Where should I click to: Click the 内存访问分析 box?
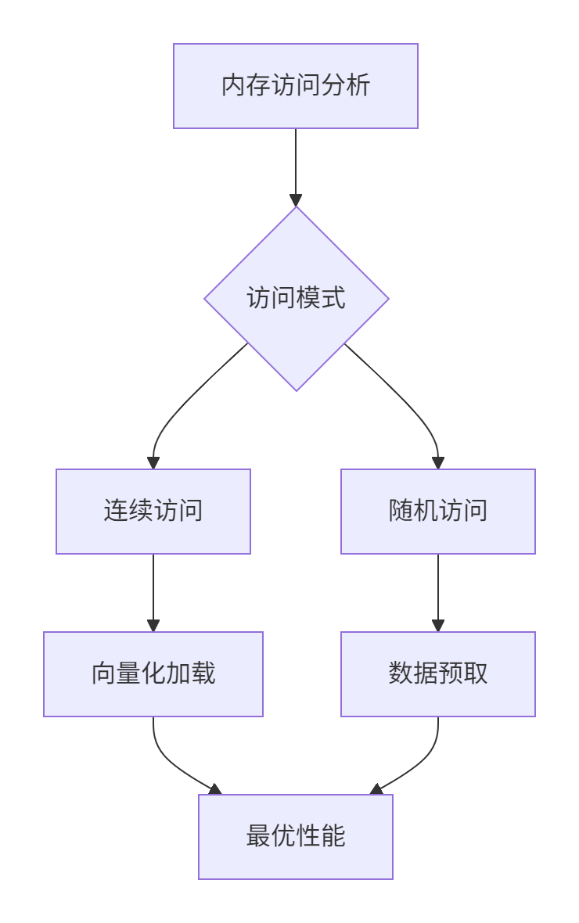(x=295, y=86)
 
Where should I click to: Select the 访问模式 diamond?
(x=296, y=298)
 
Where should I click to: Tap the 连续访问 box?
(x=153, y=512)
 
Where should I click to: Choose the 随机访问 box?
(x=437, y=512)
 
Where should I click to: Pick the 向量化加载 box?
(x=153, y=674)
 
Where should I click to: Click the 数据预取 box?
(x=437, y=674)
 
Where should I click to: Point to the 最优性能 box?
(x=295, y=837)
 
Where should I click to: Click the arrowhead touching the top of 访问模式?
(x=296, y=200)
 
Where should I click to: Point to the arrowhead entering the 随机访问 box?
(x=438, y=462)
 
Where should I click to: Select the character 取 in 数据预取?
(x=476, y=674)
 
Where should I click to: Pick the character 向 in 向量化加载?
(x=103, y=674)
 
